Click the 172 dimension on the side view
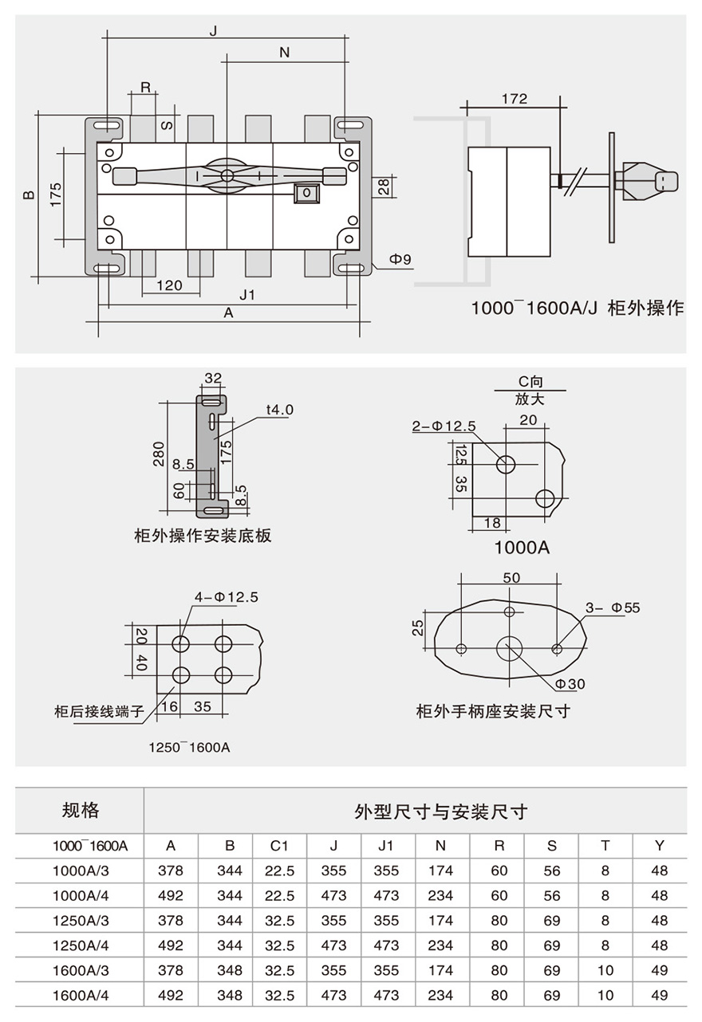point(515,99)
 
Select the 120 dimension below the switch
point(168,285)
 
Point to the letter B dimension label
point(29,194)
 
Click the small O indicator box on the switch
point(306,193)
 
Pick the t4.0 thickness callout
point(280,410)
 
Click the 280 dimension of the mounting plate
point(159,452)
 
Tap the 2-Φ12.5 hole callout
point(444,426)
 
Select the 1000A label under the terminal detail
point(523,548)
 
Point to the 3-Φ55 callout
point(613,608)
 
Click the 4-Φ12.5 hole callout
point(227,596)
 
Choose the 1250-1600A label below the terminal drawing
point(189,747)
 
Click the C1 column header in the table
point(278,846)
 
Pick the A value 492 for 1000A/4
point(170,895)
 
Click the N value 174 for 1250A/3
point(440,921)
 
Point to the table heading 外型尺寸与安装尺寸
point(440,812)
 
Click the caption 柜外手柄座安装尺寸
point(493,710)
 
